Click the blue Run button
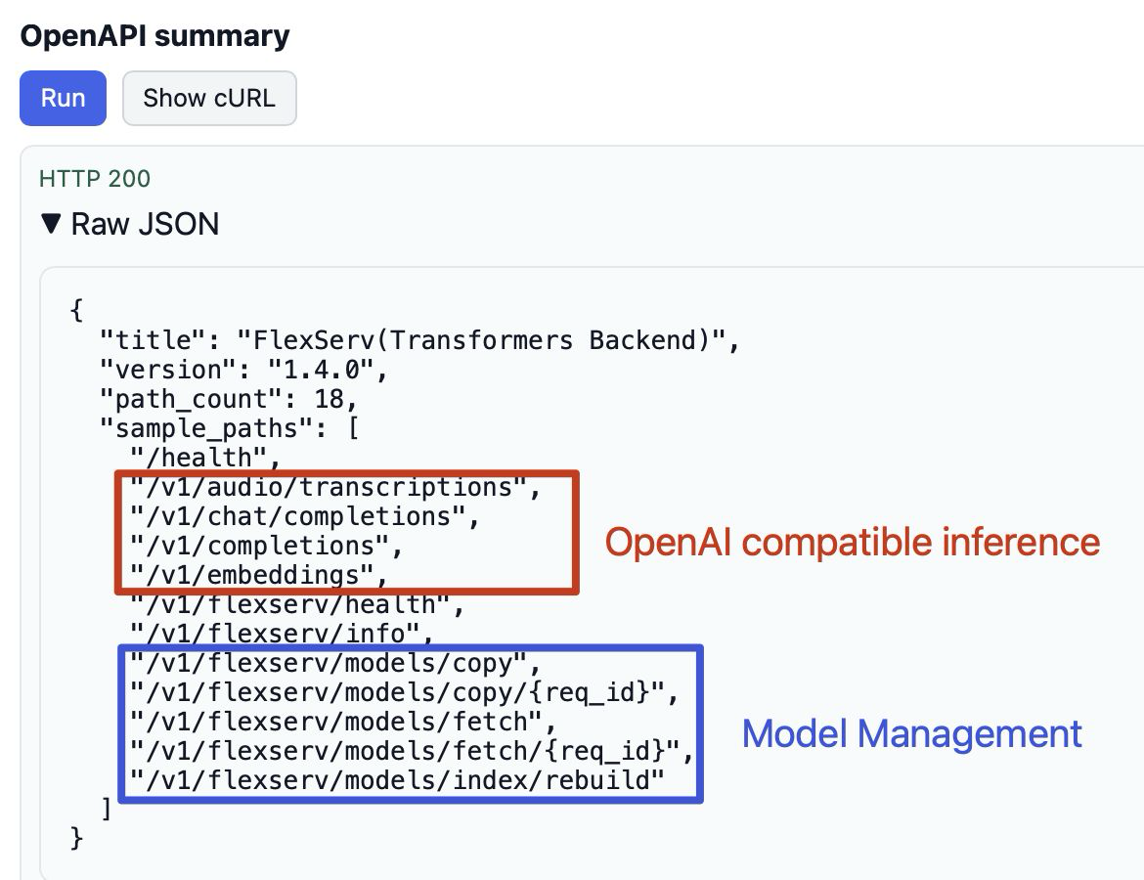click(x=63, y=98)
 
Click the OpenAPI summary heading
click(x=154, y=36)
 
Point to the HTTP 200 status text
click(x=95, y=179)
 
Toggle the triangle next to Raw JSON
click(x=51, y=224)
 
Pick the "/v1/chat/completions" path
click(x=298, y=515)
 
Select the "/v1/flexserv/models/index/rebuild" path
click(x=396, y=780)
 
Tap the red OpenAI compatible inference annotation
click(x=852, y=541)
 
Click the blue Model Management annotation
click(x=911, y=733)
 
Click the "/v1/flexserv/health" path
click(x=294, y=603)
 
